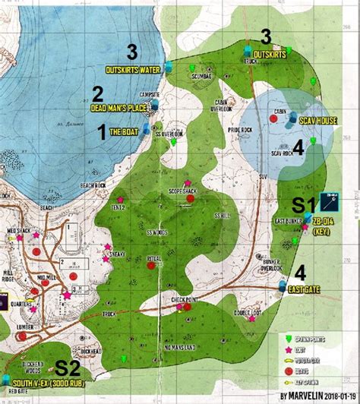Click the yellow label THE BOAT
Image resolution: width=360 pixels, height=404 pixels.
125,131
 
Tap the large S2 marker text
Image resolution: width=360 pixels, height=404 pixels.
70,368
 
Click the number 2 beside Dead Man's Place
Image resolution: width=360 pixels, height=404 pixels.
97,94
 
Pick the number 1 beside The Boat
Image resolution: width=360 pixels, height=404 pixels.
100,131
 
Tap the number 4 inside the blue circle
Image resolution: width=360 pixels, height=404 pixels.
298,149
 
